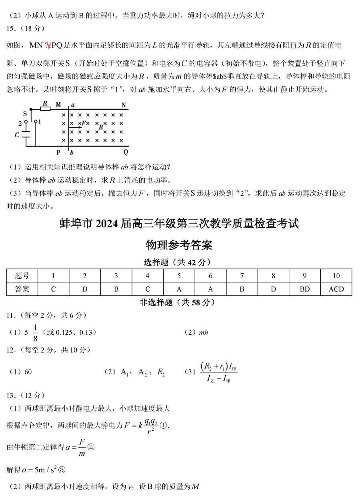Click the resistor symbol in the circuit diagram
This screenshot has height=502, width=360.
coord(45,108)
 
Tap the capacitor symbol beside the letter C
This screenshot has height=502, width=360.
coord(26,135)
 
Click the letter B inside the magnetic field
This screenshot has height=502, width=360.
coord(101,127)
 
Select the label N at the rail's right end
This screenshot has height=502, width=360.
coord(124,105)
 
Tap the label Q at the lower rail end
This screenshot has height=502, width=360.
coord(126,153)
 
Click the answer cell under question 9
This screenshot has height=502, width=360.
coord(304,289)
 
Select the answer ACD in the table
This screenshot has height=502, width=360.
coord(336,289)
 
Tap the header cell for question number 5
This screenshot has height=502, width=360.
coord(179,276)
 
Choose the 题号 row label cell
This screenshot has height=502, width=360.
coord(22,276)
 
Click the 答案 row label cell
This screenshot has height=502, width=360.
coord(22,289)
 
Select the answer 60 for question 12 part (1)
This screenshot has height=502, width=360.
coord(28,372)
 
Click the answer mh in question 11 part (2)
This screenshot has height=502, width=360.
coord(203,332)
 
